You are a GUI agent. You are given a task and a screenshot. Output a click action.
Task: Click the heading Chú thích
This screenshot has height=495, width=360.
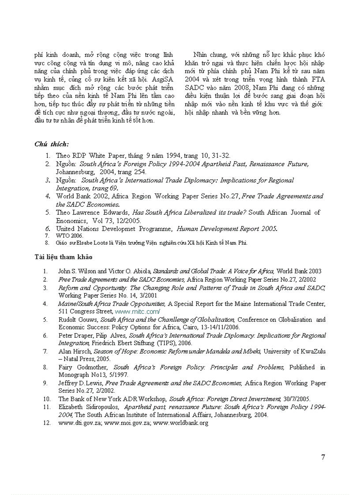[52, 144]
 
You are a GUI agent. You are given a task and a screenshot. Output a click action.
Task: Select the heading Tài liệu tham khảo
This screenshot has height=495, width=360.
[64, 257]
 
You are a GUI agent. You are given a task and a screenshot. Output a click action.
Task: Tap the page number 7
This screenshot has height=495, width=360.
[323, 457]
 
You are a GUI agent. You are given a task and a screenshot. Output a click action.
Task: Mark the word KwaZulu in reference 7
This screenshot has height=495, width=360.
[310, 351]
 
